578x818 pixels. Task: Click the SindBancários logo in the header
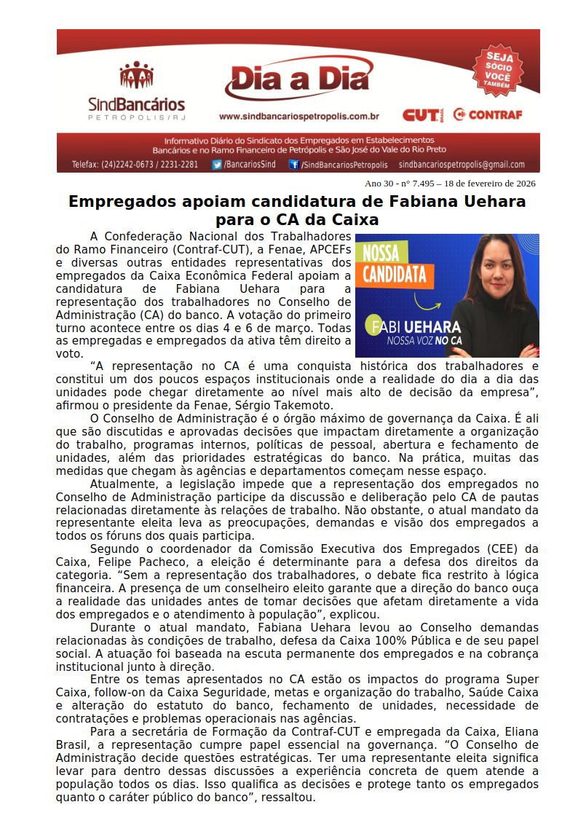click(136, 90)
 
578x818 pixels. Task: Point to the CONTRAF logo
click(487, 114)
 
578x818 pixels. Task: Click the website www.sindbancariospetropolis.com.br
click(298, 116)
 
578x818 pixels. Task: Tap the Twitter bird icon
click(217, 165)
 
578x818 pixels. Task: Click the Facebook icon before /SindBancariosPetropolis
click(293, 165)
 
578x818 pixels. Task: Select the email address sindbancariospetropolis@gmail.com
click(462, 165)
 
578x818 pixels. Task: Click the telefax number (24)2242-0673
click(125, 165)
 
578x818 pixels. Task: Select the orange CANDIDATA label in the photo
click(394, 274)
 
